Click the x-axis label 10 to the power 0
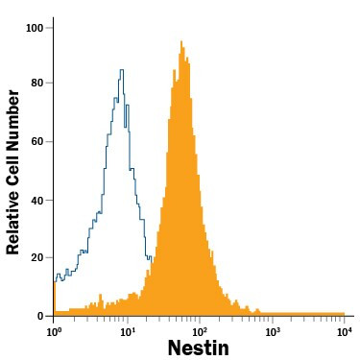point(55,330)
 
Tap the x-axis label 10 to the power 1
point(128,330)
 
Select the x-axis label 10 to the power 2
point(200,330)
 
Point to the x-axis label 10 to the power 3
point(273,330)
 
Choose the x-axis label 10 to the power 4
point(345,330)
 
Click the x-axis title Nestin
point(198,348)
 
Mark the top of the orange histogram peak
point(180,42)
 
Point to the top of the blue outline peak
point(122,70)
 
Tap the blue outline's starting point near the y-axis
point(56,279)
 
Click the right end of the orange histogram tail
point(344,313)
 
